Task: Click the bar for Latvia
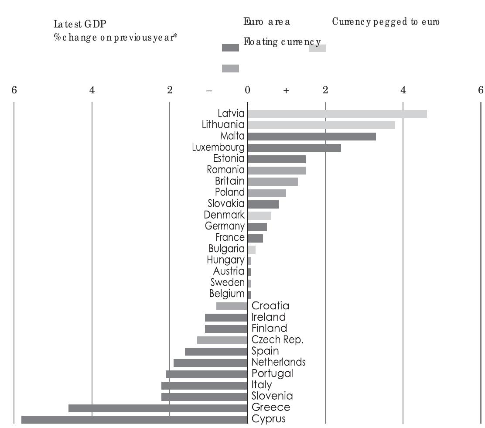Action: [x=337, y=114]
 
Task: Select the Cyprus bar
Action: [x=134, y=419]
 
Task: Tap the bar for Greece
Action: [x=158, y=408]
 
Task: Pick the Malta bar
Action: [x=311, y=137]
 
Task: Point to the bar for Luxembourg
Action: [x=294, y=148]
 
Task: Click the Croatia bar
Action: [x=232, y=306]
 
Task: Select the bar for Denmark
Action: [x=259, y=215]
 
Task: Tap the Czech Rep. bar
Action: [x=222, y=340]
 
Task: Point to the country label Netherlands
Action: [x=279, y=362]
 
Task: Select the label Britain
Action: [x=230, y=181]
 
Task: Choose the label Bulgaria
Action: [x=226, y=249]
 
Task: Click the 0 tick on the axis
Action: [x=247, y=90]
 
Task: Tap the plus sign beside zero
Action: [x=286, y=91]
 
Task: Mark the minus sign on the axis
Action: [x=209, y=91]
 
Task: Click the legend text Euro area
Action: [x=267, y=22]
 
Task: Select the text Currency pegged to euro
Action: [x=386, y=22]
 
